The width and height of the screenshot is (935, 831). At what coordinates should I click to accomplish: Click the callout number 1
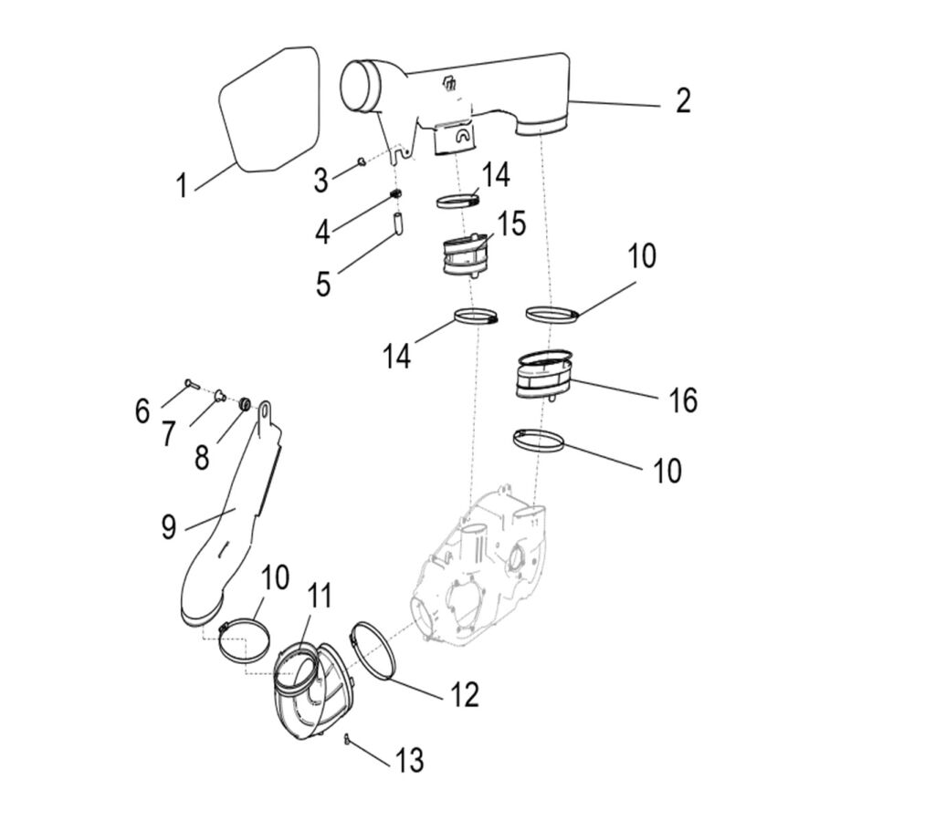coord(181,185)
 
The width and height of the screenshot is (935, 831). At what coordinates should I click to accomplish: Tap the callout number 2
coord(682,101)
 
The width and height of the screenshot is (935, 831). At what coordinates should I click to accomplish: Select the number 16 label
coord(683,400)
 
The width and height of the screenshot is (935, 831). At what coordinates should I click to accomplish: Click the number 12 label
coord(463,695)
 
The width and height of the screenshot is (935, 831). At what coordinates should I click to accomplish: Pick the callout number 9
coord(168,527)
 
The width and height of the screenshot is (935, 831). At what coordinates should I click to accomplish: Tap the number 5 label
coord(323,283)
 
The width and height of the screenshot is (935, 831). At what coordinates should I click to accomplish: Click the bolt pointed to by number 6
coord(190,383)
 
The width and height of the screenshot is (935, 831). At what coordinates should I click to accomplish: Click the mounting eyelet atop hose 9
coord(267,413)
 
